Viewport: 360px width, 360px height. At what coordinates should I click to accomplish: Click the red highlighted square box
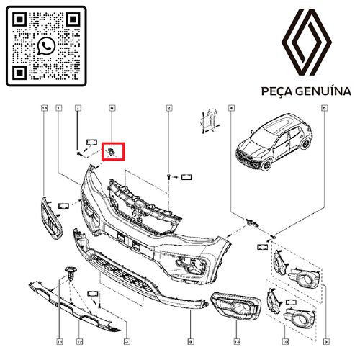(x=114, y=151)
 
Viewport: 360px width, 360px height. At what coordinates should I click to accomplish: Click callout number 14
(x=45, y=109)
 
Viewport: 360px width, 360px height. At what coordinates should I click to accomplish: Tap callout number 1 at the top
(x=59, y=109)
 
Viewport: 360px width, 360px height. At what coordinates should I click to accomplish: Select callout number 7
(x=78, y=109)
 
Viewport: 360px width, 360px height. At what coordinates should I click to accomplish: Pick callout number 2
(x=168, y=109)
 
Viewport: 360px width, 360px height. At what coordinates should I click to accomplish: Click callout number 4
(x=231, y=109)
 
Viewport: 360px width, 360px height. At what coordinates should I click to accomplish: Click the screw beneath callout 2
(x=168, y=176)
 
